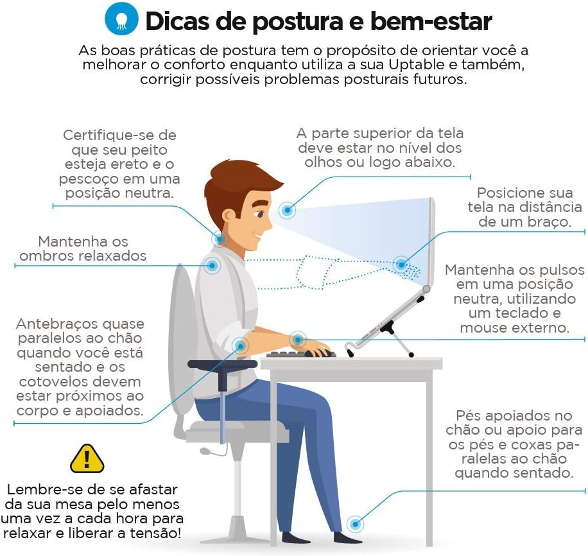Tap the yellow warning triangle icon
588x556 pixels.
point(87,458)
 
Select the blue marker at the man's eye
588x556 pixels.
point(287,209)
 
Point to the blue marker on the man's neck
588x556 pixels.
point(220,239)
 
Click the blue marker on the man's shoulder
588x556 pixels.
point(211,265)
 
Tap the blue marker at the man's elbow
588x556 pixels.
point(241,346)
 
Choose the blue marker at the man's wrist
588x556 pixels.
point(297,339)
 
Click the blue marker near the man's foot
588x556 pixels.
point(354,523)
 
